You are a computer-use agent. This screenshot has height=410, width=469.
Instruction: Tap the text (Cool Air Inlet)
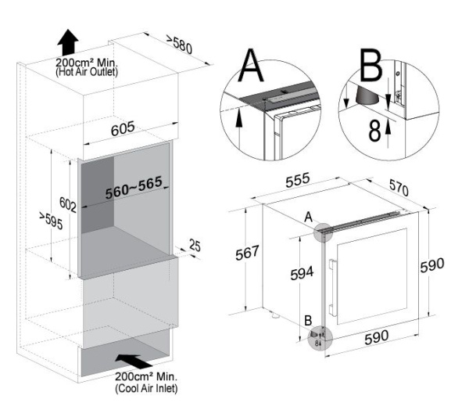click(x=147, y=389)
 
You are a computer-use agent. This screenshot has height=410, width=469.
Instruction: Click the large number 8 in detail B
click(x=375, y=130)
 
